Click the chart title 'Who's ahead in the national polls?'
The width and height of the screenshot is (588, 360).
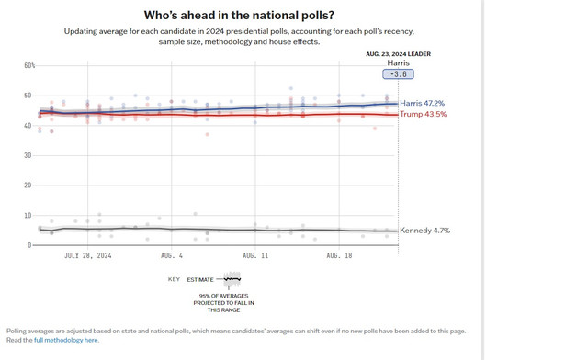point(239,16)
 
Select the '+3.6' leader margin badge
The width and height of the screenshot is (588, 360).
point(398,74)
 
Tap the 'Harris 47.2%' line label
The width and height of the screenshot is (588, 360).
point(422,103)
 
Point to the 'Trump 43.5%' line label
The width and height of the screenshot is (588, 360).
point(423,114)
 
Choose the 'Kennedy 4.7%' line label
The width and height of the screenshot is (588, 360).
point(424,231)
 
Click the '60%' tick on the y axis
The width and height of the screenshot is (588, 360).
point(29,65)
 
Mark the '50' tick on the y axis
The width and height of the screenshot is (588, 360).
point(28,96)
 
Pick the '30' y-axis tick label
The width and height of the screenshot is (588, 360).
point(28,155)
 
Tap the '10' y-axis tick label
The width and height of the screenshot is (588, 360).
point(28,215)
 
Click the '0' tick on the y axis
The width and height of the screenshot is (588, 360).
point(29,245)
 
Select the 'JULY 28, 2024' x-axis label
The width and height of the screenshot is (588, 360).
point(88,255)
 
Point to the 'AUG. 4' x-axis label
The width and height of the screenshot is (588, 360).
point(172,255)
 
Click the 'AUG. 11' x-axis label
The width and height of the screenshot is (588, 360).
point(255,255)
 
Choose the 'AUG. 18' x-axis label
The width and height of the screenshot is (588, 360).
point(339,255)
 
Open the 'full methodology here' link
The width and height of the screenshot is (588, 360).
point(66,340)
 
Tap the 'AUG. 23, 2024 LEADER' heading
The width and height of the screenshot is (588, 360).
point(398,54)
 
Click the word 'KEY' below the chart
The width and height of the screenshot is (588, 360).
point(174,279)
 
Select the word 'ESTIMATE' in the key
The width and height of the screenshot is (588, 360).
point(200,280)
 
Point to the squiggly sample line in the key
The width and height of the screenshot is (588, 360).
point(232,279)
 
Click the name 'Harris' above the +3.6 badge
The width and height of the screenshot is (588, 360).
point(398,63)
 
